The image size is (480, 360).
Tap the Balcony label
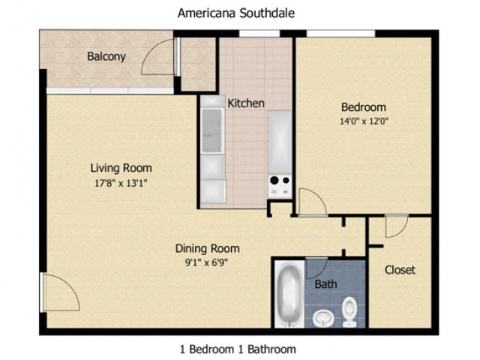[106, 56]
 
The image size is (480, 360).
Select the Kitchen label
[246, 103]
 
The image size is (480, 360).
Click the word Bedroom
[364, 106]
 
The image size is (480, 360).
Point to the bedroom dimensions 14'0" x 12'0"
[364, 120]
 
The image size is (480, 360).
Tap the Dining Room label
[208, 248]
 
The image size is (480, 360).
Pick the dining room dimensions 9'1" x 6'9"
[208, 262]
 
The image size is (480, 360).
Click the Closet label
[400, 269]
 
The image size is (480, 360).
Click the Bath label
[325, 284]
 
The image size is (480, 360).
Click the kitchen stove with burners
[280, 184]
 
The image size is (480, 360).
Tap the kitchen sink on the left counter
[211, 130]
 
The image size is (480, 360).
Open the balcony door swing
[159, 57]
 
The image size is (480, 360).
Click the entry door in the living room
[60, 292]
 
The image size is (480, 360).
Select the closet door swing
[395, 224]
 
